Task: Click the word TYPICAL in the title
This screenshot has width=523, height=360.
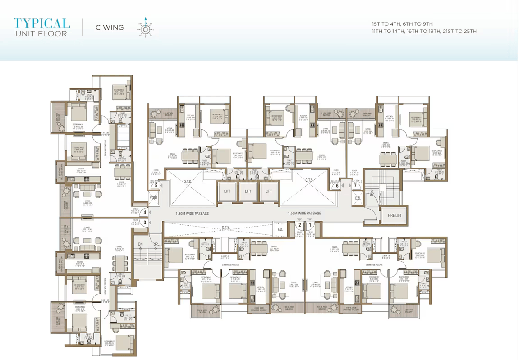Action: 41,23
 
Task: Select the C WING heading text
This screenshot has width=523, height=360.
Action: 109,27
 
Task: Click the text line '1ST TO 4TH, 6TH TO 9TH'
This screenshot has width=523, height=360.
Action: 403,24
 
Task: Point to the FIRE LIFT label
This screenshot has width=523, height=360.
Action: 395,215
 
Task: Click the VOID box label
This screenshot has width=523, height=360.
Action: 153,197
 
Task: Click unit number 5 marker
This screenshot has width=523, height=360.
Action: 156,185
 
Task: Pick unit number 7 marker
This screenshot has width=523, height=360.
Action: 355,185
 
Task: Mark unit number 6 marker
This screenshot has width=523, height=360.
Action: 337,185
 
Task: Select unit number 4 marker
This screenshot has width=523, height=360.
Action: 145,213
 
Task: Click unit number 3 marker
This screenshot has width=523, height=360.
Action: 145,222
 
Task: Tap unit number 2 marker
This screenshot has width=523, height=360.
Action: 299,225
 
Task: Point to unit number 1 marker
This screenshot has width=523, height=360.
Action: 310,225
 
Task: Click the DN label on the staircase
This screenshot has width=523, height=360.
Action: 140,244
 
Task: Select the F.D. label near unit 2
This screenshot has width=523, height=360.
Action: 280,229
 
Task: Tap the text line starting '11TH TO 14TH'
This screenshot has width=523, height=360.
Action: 424,32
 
